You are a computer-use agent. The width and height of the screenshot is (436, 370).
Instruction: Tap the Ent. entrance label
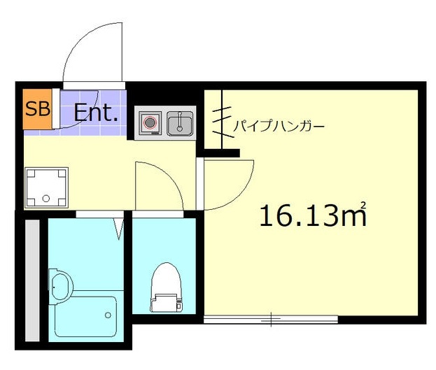point(95,113)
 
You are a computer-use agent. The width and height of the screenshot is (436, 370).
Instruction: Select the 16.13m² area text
point(312,215)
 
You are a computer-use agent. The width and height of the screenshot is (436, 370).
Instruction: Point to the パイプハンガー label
point(278,127)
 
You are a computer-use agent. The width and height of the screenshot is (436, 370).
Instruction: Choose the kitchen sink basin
point(181,124)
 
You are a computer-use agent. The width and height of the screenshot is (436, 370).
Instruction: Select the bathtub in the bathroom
point(86,317)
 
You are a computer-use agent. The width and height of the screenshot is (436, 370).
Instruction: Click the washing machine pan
point(46,187)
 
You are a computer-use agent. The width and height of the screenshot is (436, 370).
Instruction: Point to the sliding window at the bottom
point(271,320)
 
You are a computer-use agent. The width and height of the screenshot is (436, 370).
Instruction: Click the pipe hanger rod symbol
point(223,119)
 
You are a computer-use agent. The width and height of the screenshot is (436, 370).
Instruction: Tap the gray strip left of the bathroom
point(32,280)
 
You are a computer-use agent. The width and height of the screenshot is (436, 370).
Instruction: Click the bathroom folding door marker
point(121,226)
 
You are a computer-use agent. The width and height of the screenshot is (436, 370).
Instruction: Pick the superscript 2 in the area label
point(363,205)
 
